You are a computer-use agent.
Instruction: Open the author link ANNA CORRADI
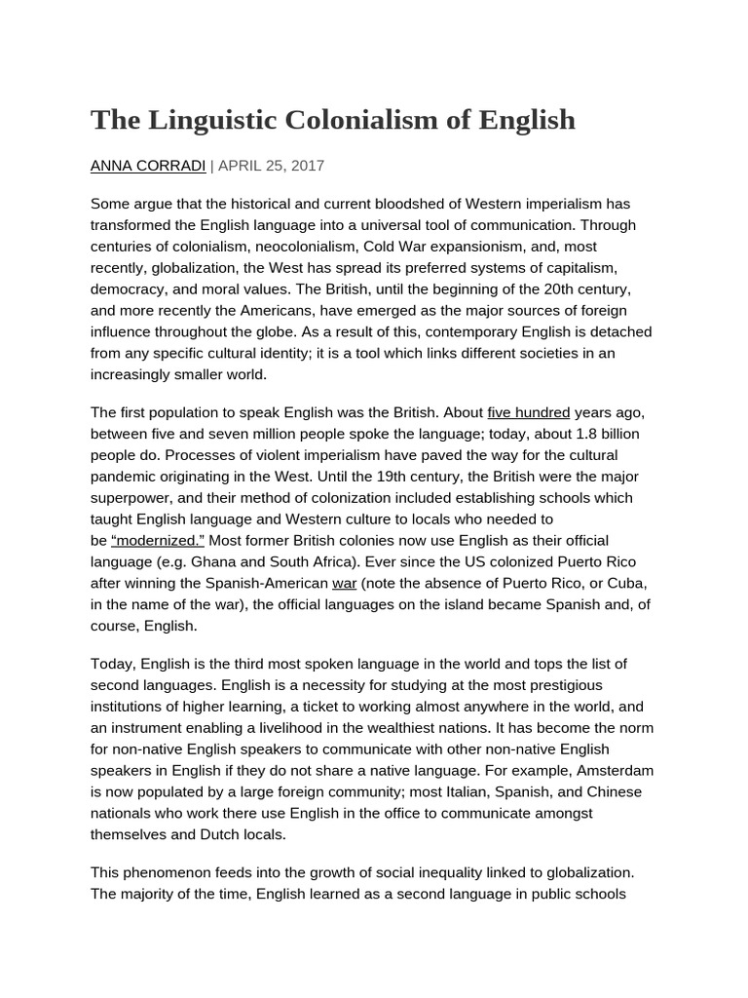click(x=147, y=166)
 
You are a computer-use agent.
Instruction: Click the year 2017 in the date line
click(x=306, y=166)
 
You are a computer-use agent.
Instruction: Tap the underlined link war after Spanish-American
click(x=345, y=583)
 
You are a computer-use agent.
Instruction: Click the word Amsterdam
click(x=613, y=770)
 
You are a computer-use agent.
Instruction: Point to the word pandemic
click(x=128, y=477)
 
